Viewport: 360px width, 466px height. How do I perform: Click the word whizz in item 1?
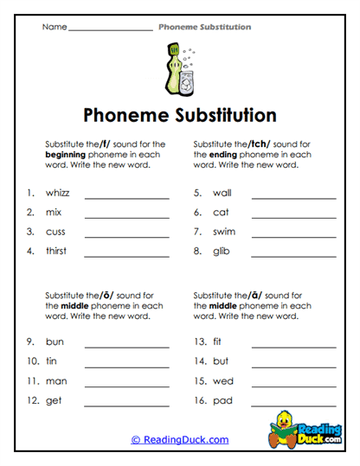pyautogui.click(x=57, y=193)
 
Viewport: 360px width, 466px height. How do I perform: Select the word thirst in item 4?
pyautogui.click(x=56, y=251)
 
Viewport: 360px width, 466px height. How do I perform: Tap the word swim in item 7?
pyautogui.click(x=223, y=232)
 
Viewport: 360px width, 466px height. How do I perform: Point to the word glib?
pyautogui.click(x=221, y=251)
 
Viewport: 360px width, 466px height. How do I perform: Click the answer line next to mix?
pyautogui.click(x=126, y=217)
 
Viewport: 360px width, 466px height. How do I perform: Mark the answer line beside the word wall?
pyautogui.click(x=293, y=198)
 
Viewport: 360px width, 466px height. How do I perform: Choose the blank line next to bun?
pyautogui.click(x=126, y=347)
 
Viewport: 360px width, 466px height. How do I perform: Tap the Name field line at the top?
pyautogui.click(x=110, y=30)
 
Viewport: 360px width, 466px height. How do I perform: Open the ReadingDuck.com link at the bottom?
pyautogui.click(x=180, y=440)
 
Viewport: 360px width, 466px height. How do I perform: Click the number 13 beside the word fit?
pyautogui.click(x=200, y=342)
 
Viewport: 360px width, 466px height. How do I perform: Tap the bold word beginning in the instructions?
pyautogui.click(x=67, y=154)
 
